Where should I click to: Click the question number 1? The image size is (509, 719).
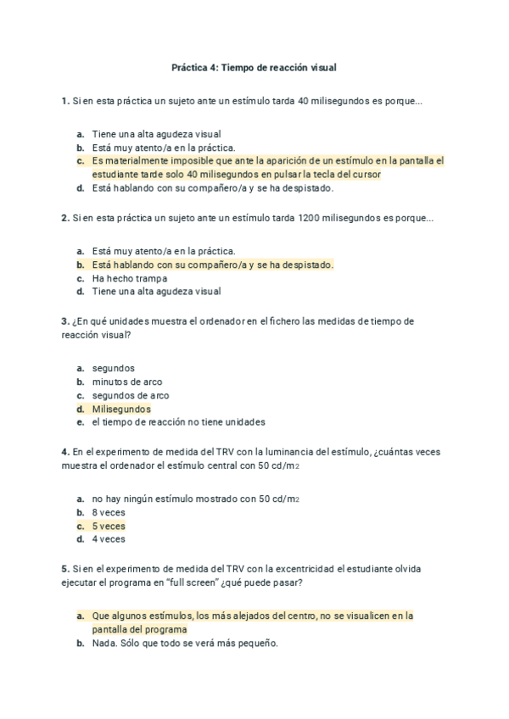[64, 102]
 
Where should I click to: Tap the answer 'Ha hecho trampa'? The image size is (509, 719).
[130, 278]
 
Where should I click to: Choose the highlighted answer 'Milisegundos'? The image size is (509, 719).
[121, 409]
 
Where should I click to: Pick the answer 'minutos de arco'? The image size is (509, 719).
[127, 382]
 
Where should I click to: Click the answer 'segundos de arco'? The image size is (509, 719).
[131, 395]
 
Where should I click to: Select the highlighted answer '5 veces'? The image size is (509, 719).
[109, 526]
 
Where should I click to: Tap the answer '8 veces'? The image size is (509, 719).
[109, 512]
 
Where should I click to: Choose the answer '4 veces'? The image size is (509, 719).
[109, 538]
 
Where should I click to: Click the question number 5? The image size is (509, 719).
[64, 568]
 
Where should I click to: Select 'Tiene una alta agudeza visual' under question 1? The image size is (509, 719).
[157, 134]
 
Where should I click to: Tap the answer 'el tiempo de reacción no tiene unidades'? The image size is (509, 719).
[179, 421]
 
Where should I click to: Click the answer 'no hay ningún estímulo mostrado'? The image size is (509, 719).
[195, 499]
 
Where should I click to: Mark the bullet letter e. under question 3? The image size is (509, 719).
[80, 421]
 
